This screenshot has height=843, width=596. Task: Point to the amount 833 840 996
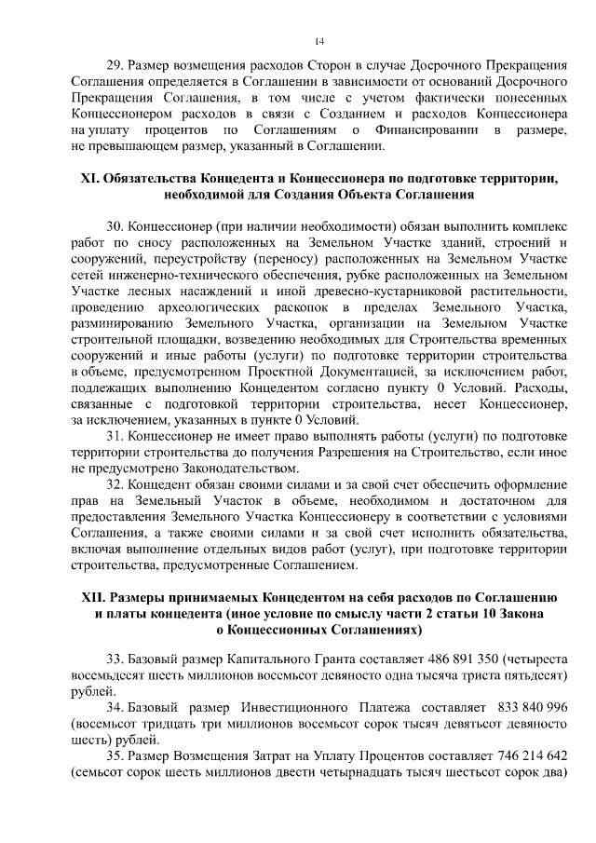(525, 707)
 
